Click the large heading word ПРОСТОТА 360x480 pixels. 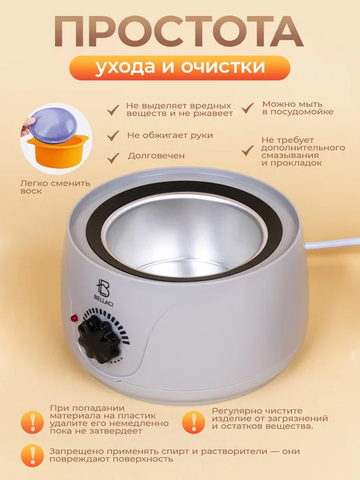coord(179,31)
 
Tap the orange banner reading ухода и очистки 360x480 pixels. coord(180,68)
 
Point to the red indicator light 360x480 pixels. coord(74,318)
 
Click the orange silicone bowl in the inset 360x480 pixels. coord(57,152)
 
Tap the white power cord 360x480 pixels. coord(332,243)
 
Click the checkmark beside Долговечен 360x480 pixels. coord(113,158)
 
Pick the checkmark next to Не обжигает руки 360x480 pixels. coord(113,135)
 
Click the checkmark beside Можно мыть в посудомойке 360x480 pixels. coord(248,107)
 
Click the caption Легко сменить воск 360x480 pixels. coord(55,187)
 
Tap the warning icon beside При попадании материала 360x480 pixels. coord(33,422)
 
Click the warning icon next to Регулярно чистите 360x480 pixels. coord(193,422)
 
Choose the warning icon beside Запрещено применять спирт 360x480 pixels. coord(33,455)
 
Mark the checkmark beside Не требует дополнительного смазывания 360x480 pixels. coord(248,150)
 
